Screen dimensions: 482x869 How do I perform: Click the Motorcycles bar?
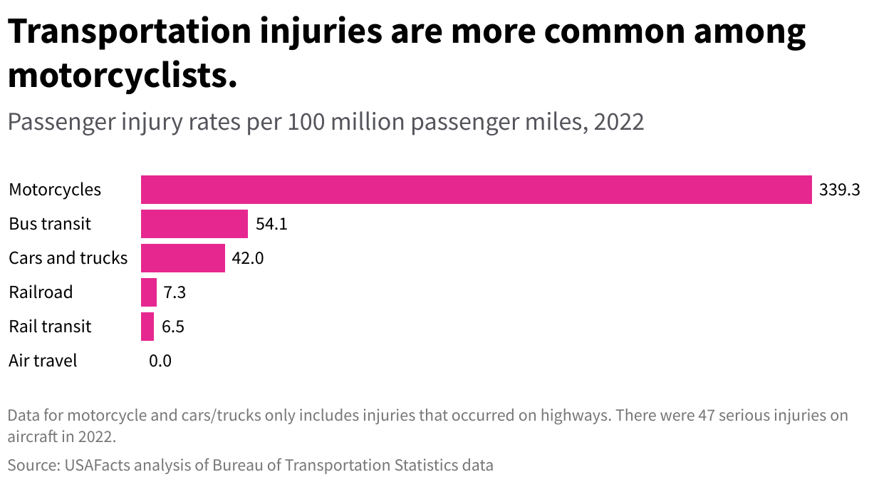[476, 190]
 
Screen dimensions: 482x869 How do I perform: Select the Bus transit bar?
[194, 224]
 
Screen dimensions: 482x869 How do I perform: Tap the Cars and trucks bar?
[182, 258]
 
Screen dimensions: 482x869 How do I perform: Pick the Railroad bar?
[148, 292]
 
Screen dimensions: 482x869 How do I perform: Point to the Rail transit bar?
[147, 327]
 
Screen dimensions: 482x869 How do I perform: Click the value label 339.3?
[840, 190]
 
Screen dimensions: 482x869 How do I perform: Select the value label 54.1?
[271, 225]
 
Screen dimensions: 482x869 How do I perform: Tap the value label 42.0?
[248, 258]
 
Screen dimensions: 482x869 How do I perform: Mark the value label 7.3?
[175, 292]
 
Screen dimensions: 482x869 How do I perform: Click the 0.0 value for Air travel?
[160, 361]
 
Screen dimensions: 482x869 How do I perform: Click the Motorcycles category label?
[55, 190]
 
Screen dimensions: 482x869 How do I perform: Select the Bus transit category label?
[50, 224]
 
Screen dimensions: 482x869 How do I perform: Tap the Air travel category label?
[43, 361]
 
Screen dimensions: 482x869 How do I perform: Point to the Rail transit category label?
[50, 327]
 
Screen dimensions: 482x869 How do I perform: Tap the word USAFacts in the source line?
[95, 466]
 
